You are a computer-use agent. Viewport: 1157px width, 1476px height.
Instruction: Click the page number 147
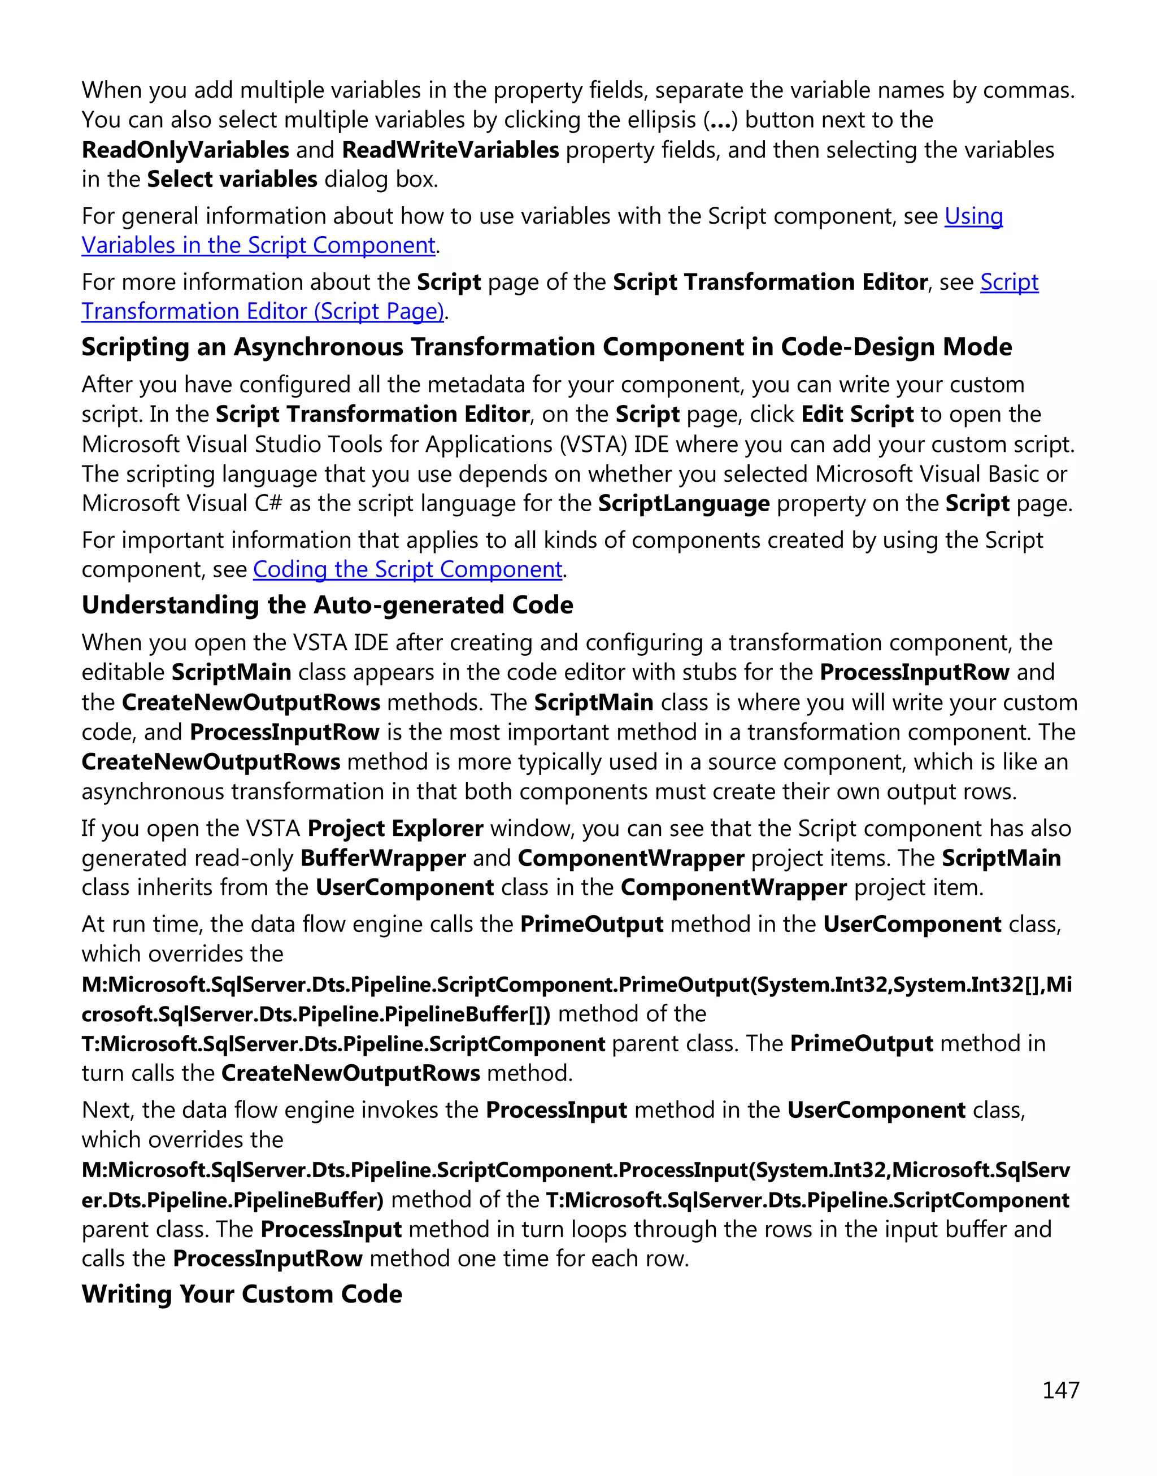[x=1060, y=1390]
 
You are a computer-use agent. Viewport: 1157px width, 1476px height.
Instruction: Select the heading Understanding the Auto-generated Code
[x=327, y=605]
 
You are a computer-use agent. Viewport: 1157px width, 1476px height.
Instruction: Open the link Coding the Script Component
[x=407, y=570]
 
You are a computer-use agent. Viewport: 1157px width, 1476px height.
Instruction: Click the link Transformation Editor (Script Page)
[x=263, y=312]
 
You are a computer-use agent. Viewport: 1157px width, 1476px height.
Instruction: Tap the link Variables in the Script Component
[x=258, y=245]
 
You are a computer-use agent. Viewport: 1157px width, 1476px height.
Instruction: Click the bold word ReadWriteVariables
[x=450, y=150]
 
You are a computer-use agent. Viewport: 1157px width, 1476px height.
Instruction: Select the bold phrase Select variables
[x=232, y=180]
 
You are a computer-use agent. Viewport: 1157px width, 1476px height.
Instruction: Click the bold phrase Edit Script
[x=857, y=414]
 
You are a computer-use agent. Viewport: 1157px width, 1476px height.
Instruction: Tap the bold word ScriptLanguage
[x=684, y=503]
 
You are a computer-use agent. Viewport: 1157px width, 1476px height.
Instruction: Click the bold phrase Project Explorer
[x=395, y=829]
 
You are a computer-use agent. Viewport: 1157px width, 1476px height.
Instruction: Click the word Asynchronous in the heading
[x=317, y=347]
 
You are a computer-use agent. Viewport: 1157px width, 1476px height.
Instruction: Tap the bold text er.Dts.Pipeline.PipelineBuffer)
[x=232, y=1200]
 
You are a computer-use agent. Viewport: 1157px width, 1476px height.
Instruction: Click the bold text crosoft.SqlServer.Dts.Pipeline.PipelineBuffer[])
[x=316, y=1014]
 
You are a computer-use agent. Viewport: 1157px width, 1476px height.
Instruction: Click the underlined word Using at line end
[x=973, y=216]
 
